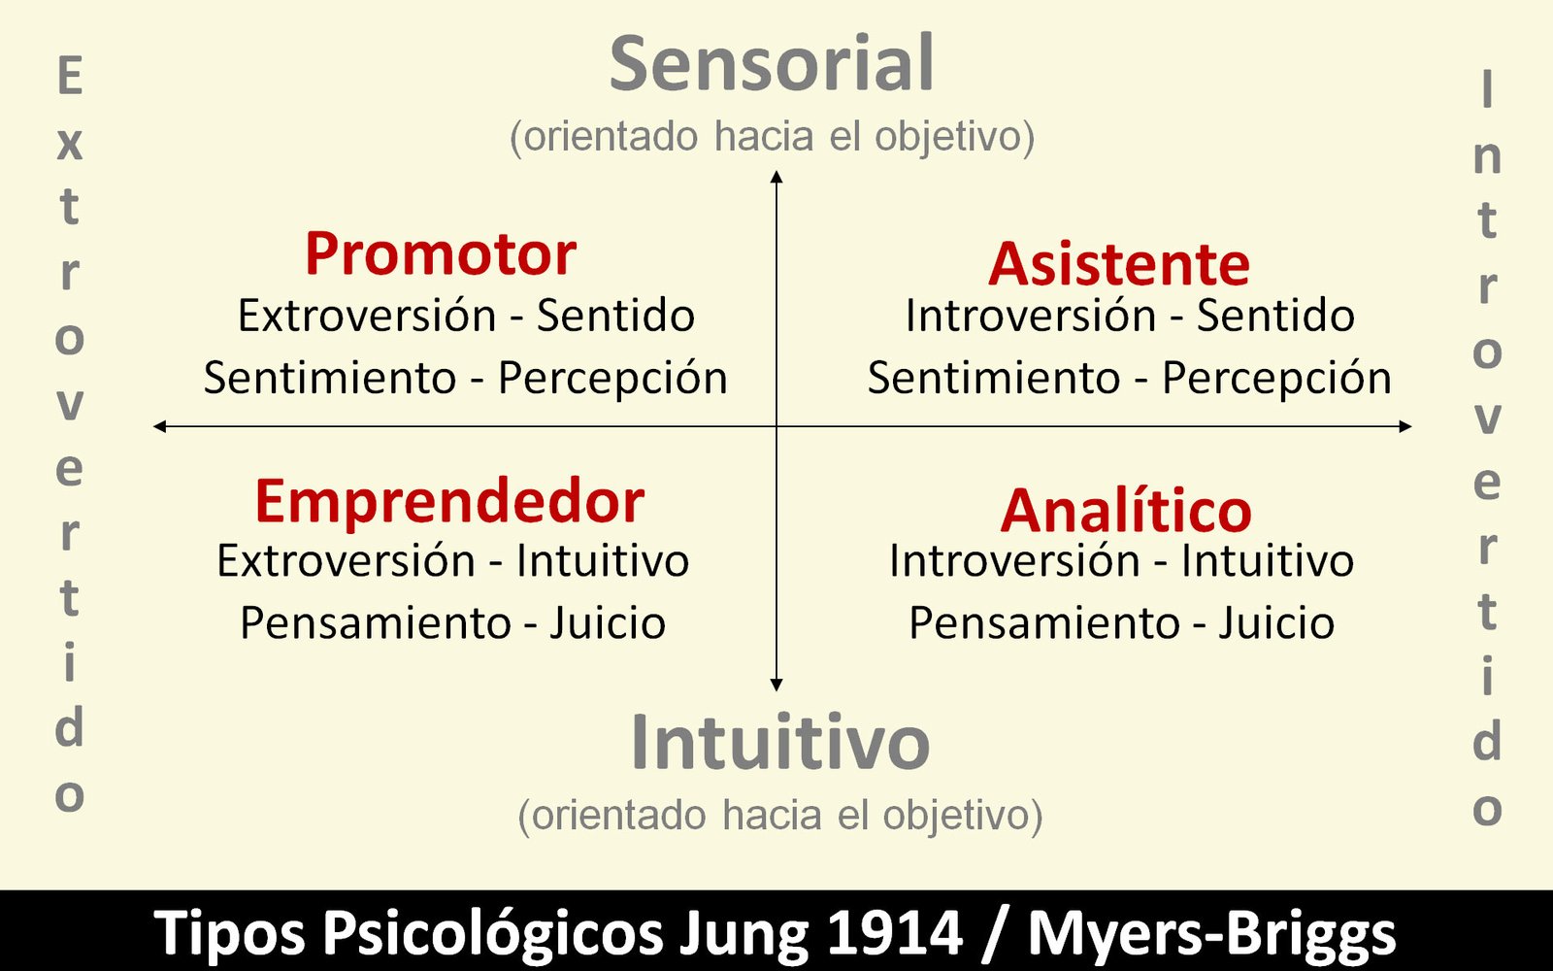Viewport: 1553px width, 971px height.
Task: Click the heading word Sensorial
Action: pos(772,63)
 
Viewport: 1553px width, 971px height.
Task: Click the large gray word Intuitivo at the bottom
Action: pos(780,742)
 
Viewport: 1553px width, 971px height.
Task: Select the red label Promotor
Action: pos(441,254)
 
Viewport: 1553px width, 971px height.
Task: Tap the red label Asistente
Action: pos(1119,264)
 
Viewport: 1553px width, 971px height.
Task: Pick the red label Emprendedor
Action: pos(450,503)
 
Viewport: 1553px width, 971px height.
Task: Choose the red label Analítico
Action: pos(1126,511)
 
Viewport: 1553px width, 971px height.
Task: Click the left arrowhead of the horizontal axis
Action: pos(159,426)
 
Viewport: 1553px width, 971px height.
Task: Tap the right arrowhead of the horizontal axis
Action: pos(1405,426)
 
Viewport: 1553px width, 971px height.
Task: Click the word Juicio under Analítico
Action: pos(1276,622)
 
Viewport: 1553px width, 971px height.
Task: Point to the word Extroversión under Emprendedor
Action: pos(346,559)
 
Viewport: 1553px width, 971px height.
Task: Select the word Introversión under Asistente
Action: pos(1031,316)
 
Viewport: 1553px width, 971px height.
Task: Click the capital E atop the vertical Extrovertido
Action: pos(70,76)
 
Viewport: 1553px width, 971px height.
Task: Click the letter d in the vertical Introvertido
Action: pos(1486,740)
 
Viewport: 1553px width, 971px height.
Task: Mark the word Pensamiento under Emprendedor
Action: pos(375,622)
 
